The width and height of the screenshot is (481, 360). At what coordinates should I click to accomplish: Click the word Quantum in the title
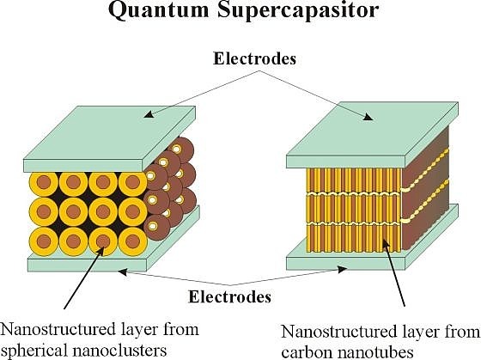tap(158, 11)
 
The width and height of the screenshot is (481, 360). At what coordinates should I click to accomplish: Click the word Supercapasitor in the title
tap(298, 12)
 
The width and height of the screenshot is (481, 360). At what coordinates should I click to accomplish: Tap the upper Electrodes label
tap(254, 58)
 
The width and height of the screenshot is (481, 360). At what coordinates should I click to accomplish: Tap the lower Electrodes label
tap(230, 296)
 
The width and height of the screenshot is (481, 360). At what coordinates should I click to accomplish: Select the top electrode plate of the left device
tap(110, 138)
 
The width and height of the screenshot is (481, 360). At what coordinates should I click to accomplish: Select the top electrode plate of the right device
tap(373, 134)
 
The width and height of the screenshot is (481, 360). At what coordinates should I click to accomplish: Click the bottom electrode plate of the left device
tap(113, 248)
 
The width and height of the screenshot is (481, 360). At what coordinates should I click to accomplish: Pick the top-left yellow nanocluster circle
tap(44, 183)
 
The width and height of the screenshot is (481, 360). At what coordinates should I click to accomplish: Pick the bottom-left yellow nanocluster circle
tap(44, 241)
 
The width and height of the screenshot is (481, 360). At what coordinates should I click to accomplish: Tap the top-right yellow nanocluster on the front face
tap(132, 183)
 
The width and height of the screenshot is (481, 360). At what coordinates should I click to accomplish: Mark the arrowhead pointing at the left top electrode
tap(148, 115)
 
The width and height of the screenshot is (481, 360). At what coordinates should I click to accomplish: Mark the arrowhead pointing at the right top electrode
tap(368, 117)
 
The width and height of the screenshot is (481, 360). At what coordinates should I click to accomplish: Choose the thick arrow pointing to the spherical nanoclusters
tap(83, 277)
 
